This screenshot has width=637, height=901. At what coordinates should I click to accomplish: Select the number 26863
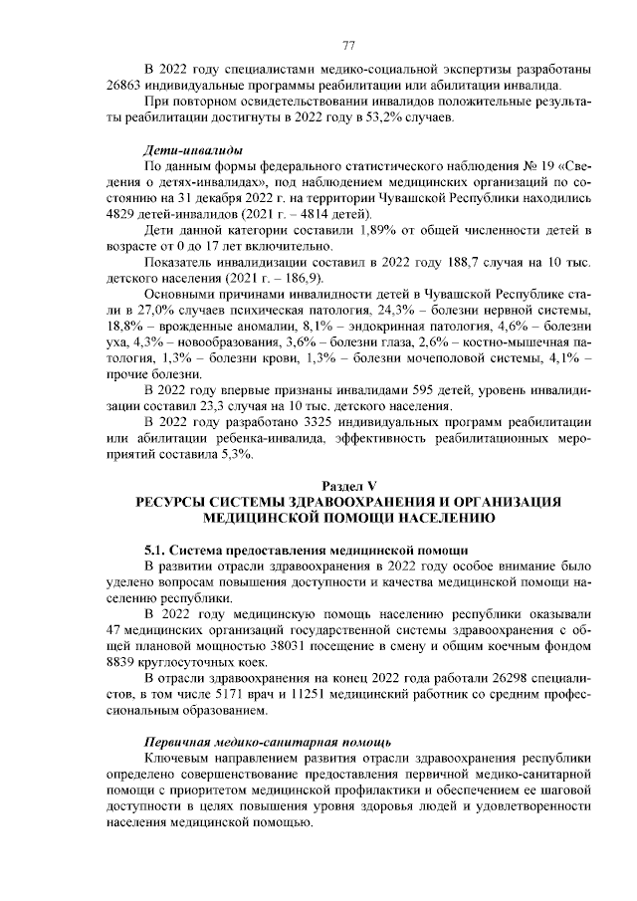[123, 86]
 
